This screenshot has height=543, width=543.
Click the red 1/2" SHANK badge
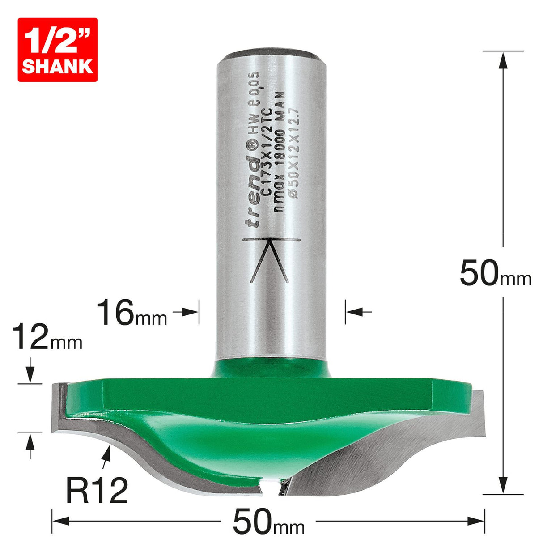click(57, 50)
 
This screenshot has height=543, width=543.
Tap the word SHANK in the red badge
click(57, 66)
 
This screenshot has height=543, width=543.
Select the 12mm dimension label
click(47, 338)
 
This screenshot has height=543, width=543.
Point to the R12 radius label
click(97, 490)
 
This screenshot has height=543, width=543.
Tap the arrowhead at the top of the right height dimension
click(503, 59)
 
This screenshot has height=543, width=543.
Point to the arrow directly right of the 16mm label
click(188, 312)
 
